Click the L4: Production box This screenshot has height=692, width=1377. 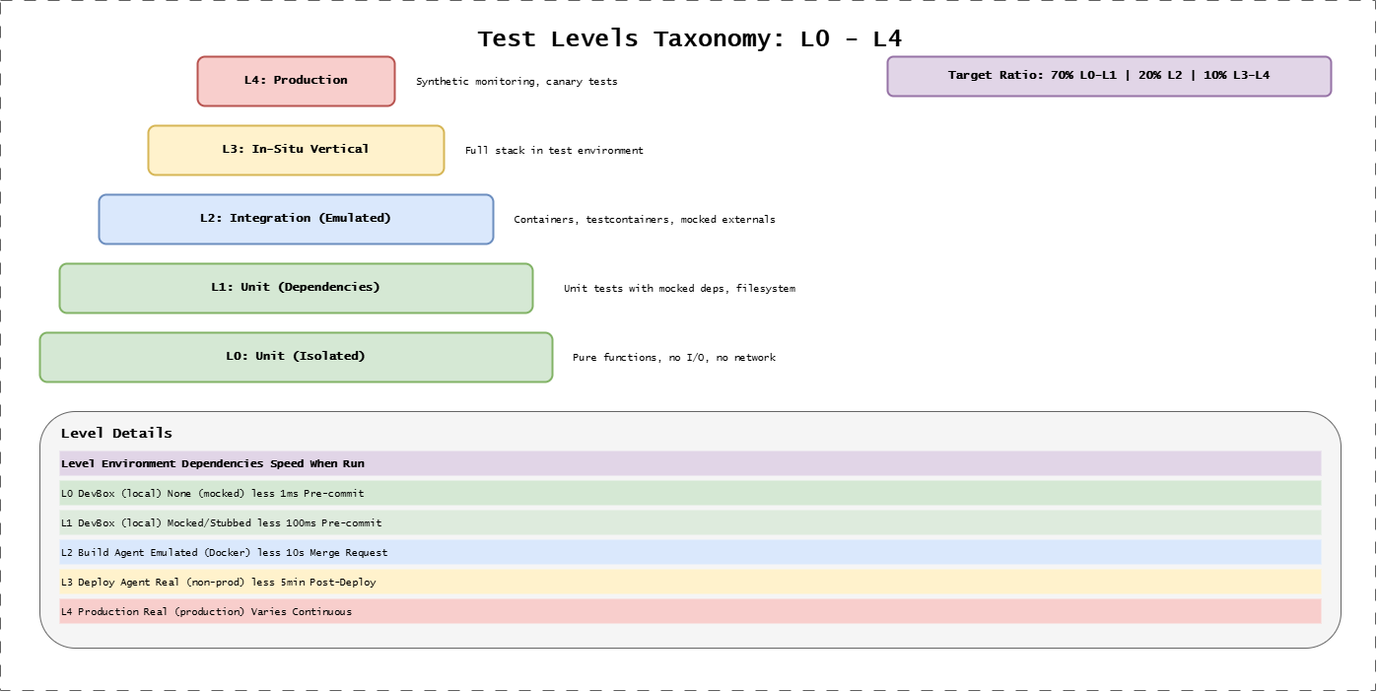click(296, 81)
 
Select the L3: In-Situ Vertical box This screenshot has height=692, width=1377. click(296, 150)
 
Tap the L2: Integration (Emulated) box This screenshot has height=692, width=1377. click(296, 219)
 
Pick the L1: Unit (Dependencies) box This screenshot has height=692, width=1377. click(296, 288)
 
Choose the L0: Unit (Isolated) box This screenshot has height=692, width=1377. click(296, 357)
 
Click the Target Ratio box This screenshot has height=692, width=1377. click(1109, 76)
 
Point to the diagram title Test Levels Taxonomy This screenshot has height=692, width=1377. click(689, 39)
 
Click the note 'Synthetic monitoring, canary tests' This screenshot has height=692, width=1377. click(516, 82)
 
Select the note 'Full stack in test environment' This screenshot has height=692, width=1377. click(554, 151)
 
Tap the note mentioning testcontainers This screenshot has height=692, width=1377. click(645, 220)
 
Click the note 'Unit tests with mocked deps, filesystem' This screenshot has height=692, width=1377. click(679, 289)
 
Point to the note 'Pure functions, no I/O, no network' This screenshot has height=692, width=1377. click(674, 358)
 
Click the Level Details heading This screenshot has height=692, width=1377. click(116, 434)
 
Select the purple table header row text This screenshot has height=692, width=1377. click(213, 463)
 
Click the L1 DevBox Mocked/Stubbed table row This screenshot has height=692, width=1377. click(221, 522)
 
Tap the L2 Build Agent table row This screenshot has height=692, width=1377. click(224, 553)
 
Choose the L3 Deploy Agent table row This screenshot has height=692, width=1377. click(218, 583)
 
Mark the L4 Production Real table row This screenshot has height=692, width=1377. click(206, 612)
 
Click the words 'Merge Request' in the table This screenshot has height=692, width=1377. click(352, 553)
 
